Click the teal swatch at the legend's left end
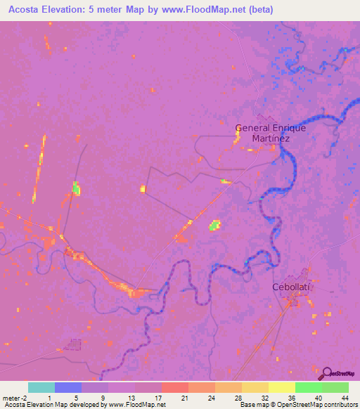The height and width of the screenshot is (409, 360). tap(41, 387)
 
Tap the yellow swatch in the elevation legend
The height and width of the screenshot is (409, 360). tap(281, 387)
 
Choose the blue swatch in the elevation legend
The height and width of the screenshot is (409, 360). tap(68, 387)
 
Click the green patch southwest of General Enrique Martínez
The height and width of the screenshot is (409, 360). tap(215, 225)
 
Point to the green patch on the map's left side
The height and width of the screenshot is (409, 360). tap(76, 188)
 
